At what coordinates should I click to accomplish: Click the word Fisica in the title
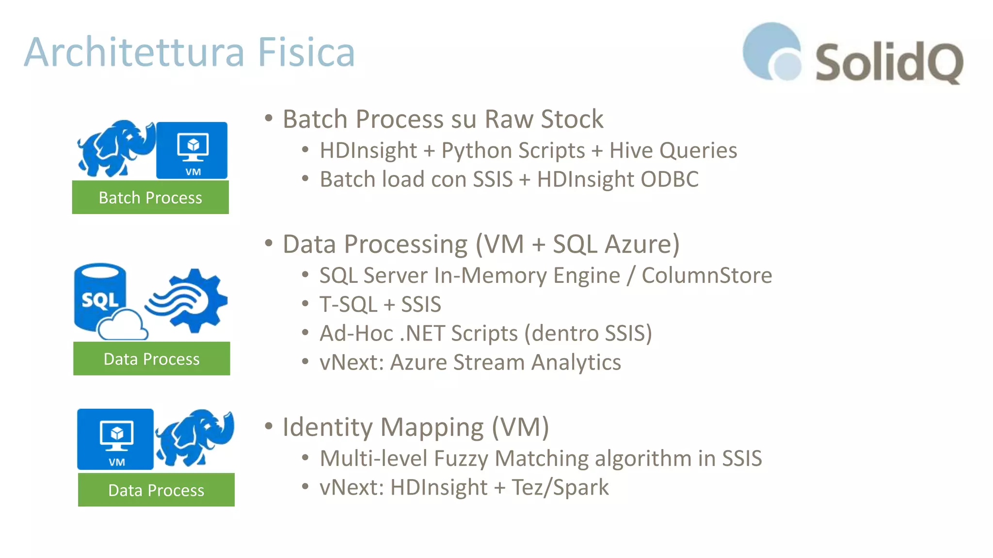[x=306, y=52]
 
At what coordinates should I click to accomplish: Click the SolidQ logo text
[x=889, y=62]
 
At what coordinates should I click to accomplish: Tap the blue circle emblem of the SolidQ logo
[x=771, y=51]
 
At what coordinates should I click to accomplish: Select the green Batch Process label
[x=150, y=198]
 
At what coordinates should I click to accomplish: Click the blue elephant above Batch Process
[x=116, y=148]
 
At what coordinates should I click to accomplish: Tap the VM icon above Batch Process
[x=192, y=150]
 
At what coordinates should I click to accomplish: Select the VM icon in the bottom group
[x=115, y=439]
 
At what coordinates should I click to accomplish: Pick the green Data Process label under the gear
[x=152, y=359]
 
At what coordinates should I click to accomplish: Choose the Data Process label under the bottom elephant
[x=156, y=490]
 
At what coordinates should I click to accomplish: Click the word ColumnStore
[x=706, y=275]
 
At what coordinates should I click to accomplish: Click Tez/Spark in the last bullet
[x=560, y=487]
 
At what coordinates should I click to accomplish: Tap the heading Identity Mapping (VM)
[x=416, y=427]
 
